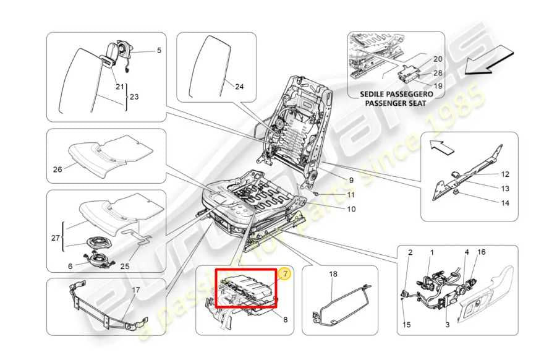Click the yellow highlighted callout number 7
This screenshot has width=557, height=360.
coord(285,273)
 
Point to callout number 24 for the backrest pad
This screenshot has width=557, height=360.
coord(239,87)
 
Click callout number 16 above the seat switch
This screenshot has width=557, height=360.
coord(481,252)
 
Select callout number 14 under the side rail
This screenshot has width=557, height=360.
coord(505,203)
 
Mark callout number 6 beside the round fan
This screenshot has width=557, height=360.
coord(70,266)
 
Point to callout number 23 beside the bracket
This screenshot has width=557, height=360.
coord(134,97)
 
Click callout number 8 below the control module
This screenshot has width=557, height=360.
coord(285,319)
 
